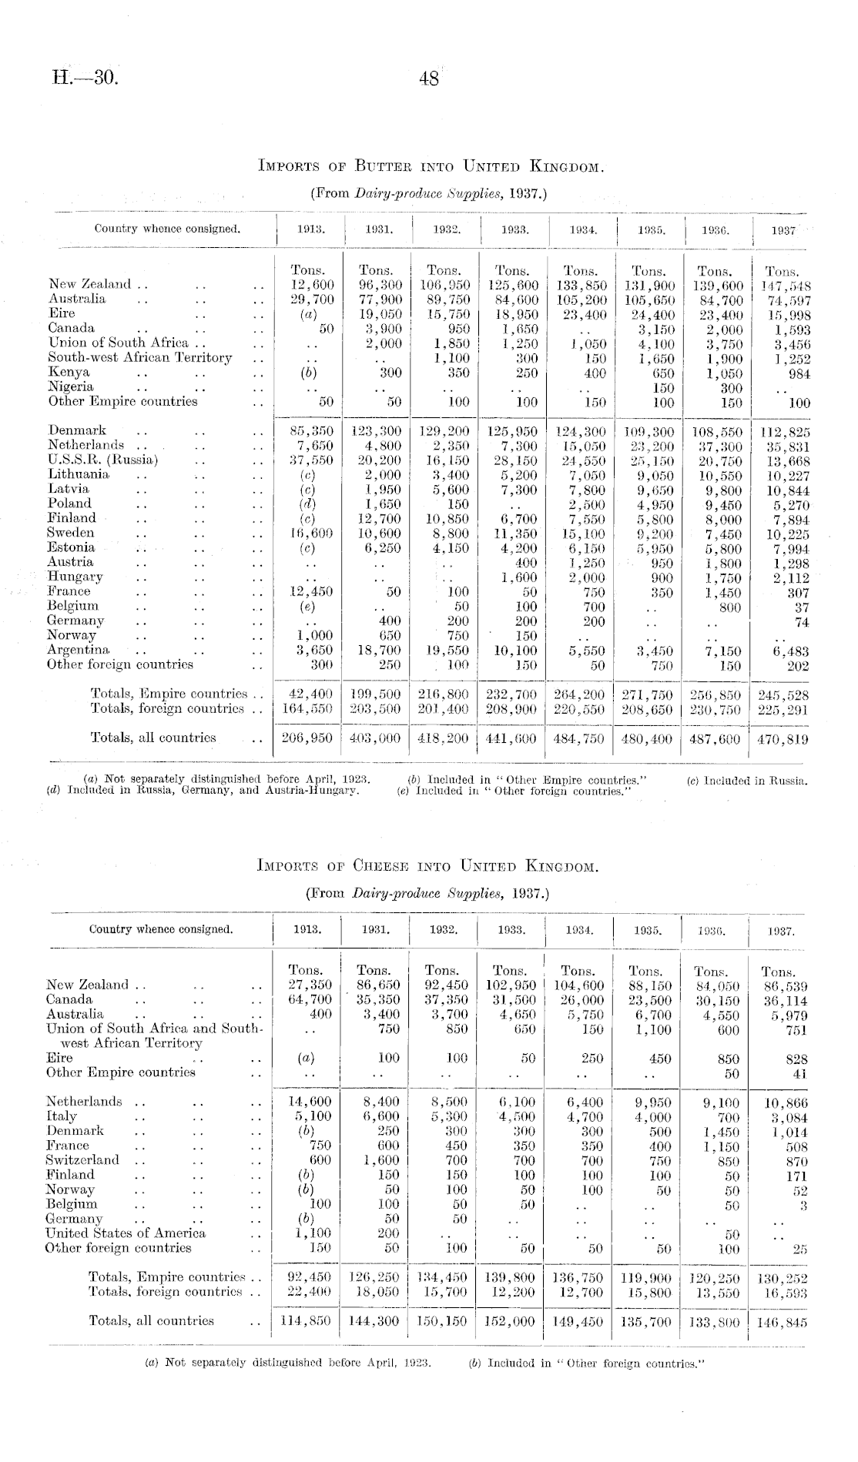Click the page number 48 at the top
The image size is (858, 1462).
(x=429, y=79)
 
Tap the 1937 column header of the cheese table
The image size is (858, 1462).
(x=781, y=930)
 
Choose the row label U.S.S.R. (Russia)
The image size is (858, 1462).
(x=103, y=460)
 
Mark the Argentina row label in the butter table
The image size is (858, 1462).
(x=79, y=650)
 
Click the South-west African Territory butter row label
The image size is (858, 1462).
(x=139, y=357)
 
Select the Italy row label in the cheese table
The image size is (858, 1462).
(x=62, y=1116)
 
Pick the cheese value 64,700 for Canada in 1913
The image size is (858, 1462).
(x=309, y=999)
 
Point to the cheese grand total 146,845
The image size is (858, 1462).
(x=780, y=1321)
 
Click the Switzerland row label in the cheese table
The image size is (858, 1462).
(x=82, y=1160)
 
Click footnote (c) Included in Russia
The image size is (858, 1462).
(x=747, y=780)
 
